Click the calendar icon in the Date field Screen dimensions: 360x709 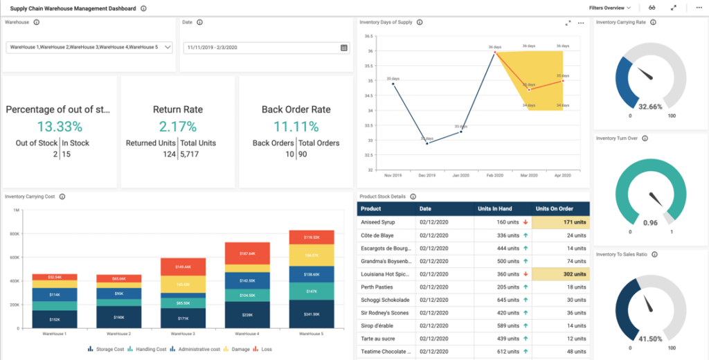click(x=344, y=48)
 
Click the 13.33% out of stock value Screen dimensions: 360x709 click(x=60, y=127)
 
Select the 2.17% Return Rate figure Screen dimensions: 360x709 click(x=178, y=127)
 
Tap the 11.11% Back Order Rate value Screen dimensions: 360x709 click(x=296, y=127)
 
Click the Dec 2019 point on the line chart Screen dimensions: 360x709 click(x=427, y=143)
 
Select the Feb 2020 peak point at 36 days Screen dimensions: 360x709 click(x=494, y=52)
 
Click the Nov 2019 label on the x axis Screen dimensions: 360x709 click(x=393, y=176)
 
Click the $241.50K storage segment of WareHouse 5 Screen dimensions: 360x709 click(x=312, y=314)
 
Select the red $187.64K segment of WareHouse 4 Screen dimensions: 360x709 click(x=247, y=253)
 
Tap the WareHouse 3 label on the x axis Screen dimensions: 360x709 click(x=183, y=334)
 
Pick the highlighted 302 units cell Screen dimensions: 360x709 click(x=561, y=274)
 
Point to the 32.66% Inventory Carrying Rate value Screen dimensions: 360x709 click(x=650, y=107)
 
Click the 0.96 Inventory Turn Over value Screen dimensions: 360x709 click(x=650, y=222)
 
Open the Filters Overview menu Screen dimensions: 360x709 click(x=609, y=8)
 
